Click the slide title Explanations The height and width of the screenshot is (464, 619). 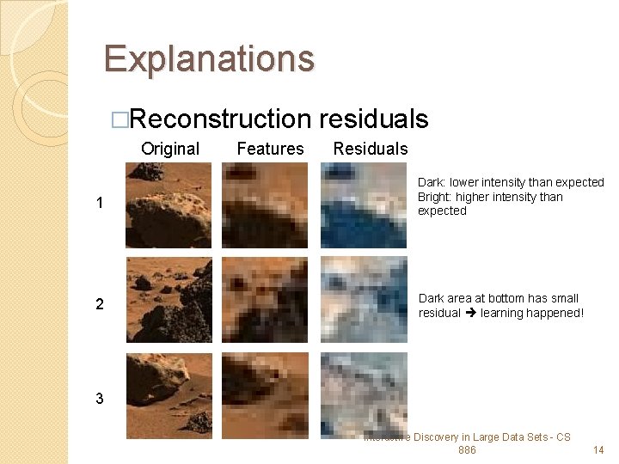(209, 58)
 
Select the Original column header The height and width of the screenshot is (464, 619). (170, 149)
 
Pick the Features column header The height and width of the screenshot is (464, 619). (270, 149)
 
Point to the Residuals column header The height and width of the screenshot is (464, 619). (371, 149)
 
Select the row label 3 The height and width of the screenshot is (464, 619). (101, 398)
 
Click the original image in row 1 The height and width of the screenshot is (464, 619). (169, 205)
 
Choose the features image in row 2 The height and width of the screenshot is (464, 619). (264, 300)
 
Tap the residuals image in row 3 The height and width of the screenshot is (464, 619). (364, 395)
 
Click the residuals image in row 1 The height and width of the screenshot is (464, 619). (364, 205)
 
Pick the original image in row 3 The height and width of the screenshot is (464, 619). (169, 395)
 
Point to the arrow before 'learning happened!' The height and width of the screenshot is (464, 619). (470, 314)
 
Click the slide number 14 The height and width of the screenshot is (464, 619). (598, 450)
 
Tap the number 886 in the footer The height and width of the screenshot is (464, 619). (467, 450)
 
